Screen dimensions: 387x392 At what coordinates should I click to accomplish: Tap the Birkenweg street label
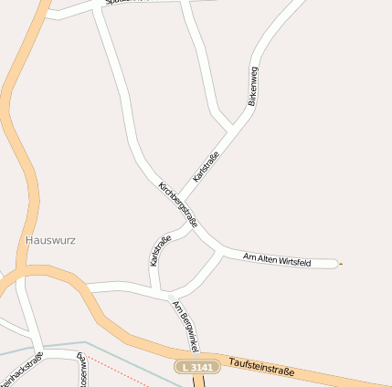pyautogui.click(x=253, y=87)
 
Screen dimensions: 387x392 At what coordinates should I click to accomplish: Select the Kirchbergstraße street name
pyautogui.click(x=178, y=204)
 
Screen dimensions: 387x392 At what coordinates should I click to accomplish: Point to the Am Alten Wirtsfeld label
pyautogui.click(x=278, y=261)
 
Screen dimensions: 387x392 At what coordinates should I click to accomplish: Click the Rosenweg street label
pyautogui.click(x=82, y=371)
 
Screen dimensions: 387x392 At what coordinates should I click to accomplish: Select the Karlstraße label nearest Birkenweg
pyautogui.click(x=207, y=164)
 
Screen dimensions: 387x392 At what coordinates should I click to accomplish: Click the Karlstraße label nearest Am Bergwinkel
pyautogui.click(x=160, y=251)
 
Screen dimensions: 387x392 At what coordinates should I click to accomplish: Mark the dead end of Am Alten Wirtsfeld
pyautogui.click(x=336, y=264)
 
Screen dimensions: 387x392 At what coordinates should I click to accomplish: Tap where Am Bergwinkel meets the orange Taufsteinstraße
pyautogui.click(x=197, y=357)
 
